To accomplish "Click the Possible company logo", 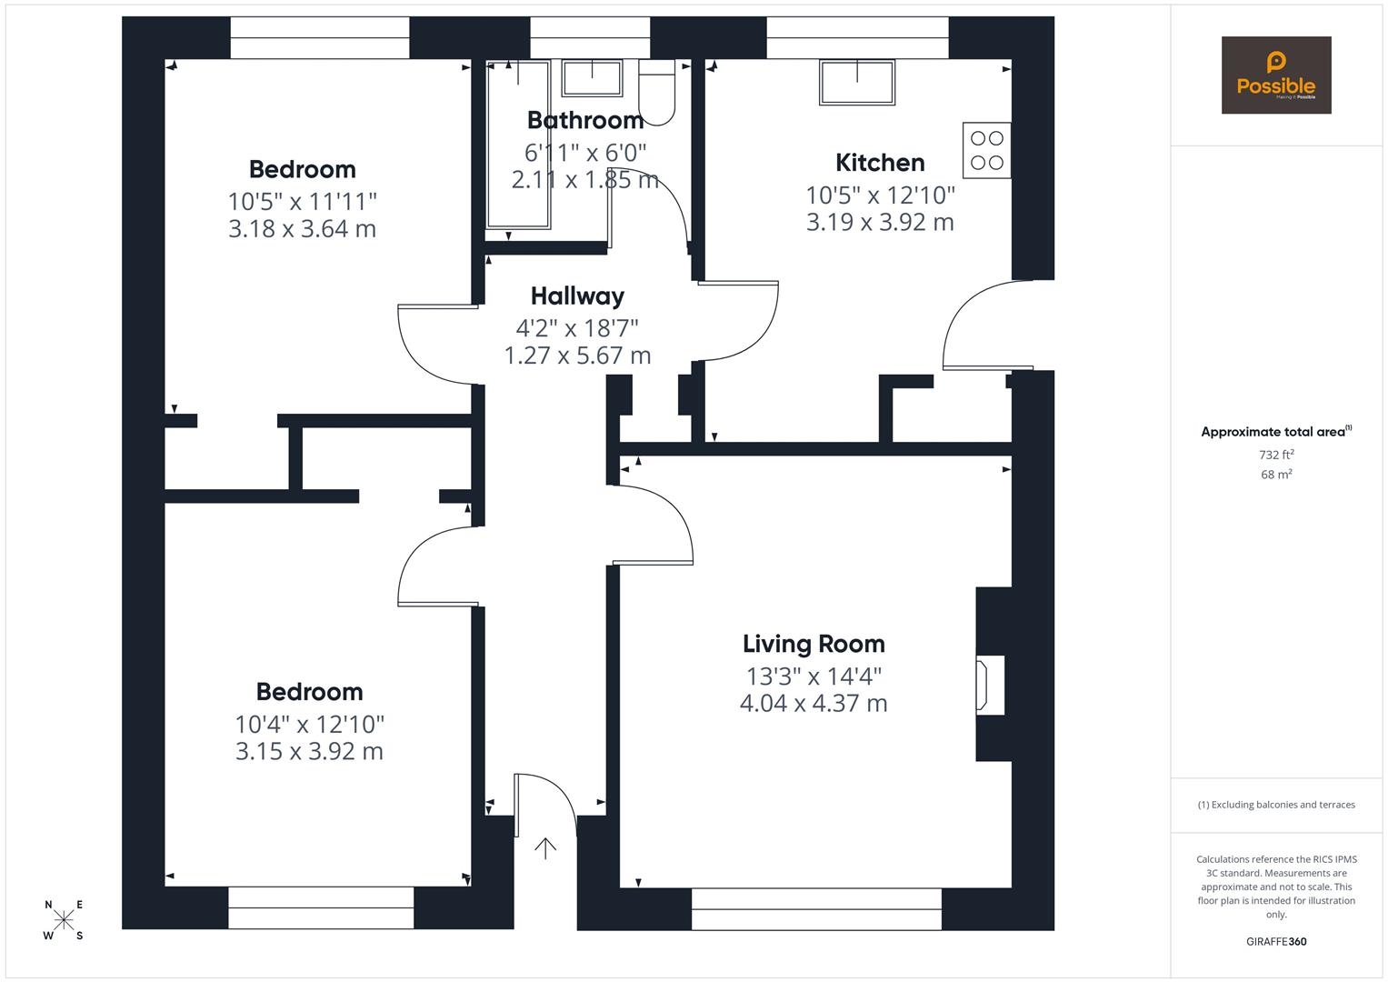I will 1275,75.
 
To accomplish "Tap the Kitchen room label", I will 880,163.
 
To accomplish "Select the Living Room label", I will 814,644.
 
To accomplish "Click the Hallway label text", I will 577,296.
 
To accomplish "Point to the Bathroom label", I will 584,120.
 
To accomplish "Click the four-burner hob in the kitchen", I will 986,150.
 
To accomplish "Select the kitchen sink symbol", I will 856,82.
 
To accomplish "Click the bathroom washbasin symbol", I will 592,78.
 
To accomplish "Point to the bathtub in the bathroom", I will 518,145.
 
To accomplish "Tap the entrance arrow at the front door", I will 544,848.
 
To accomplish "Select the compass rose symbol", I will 64,920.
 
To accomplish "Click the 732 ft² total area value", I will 1276,455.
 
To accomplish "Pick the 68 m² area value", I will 1276,475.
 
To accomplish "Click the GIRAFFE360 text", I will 1276,941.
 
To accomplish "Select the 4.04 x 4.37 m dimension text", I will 814,703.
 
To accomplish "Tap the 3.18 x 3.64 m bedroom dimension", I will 302,228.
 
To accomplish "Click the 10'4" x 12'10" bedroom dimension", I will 309,724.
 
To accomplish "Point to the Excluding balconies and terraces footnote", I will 1276,805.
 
